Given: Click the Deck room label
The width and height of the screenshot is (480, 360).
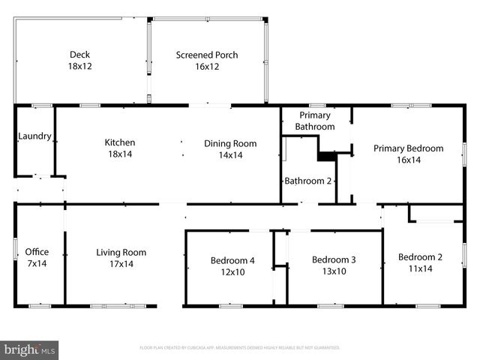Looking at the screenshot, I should pyautogui.click(x=79, y=55).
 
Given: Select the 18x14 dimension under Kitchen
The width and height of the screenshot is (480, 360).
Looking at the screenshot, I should pyautogui.click(x=119, y=155).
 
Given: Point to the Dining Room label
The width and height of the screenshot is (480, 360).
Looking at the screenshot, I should pyautogui.click(x=230, y=143).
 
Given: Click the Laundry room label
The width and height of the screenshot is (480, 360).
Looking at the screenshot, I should pyautogui.click(x=34, y=136).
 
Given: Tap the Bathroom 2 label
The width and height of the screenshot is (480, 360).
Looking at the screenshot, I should pyautogui.click(x=307, y=181).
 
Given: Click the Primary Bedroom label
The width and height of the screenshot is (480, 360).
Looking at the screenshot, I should pyautogui.click(x=408, y=148).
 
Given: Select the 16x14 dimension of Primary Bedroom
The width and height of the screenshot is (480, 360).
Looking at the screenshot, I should pyautogui.click(x=408, y=160).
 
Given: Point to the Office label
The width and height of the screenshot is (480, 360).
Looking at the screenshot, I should pyautogui.click(x=37, y=252).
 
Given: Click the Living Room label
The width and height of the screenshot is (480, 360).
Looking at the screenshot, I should pyautogui.click(x=121, y=252).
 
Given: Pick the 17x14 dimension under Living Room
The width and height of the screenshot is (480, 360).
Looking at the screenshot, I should pyautogui.click(x=121, y=264).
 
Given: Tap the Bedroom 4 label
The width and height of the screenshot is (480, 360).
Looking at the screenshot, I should pyautogui.click(x=232, y=260).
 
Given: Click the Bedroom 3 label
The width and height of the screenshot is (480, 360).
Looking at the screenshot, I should pyautogui.click(x=333, y=259).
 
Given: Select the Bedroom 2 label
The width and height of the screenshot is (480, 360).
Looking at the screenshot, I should pyautogui.click(x=420, y=256).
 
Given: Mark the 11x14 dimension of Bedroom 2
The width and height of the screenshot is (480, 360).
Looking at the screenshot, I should pyautogui.click(x=420, y=268).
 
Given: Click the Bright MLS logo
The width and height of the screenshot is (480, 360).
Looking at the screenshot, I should pyautogui.click(x=30, y=349).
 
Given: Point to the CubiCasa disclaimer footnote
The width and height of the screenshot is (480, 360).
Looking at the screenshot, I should pyautogui.click(x=240, y=348).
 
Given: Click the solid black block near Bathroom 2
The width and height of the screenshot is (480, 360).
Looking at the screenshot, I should pyautogui.click(x=326, y=155).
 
